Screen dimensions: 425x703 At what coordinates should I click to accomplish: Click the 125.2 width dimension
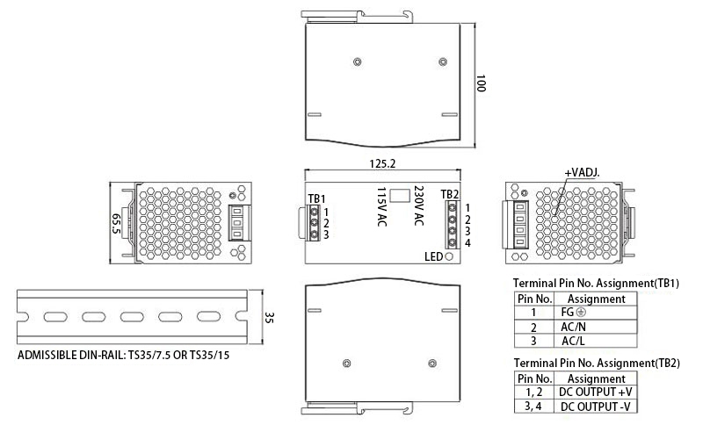tap(383, 162)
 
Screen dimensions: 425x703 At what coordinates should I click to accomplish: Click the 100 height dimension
tap(481, 83)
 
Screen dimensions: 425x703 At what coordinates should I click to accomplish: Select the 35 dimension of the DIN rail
tap(270, 318)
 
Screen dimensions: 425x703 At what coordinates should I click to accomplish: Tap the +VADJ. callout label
tap(582, 172)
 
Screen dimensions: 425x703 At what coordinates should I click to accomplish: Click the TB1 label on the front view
tap(316, 198)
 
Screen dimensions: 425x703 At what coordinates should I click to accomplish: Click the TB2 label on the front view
tap(448, 194)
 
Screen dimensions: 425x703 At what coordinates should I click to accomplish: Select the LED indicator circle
tap(450, 257)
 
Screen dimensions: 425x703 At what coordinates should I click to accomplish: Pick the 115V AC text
tap(382, 207)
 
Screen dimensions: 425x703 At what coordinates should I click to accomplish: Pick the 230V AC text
tap(419, 207)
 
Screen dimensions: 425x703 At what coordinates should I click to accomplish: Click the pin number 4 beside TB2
tap(467, 242)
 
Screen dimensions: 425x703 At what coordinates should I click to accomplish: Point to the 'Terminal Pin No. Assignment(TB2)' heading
tap(596, 362)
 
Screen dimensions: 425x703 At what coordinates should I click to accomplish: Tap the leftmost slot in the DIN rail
tap(54, 317)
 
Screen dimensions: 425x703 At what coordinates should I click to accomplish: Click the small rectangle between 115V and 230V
tap(401, 195)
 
